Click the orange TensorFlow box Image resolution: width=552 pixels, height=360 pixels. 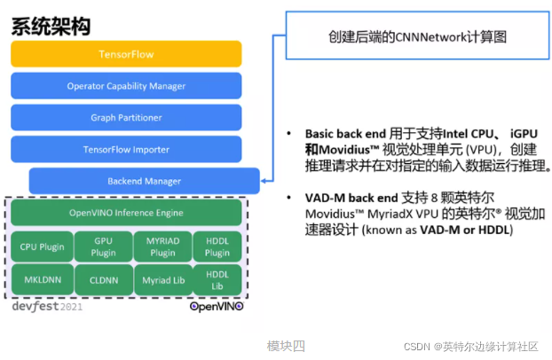click(x=126, y=54)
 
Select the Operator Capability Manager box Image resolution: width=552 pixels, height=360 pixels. click(x=126, y=86)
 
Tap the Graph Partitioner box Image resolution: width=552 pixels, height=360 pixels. click(x=126, y=118)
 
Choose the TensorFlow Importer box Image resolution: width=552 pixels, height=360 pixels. click(x=126, y=149)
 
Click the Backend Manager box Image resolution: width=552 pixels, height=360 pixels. click(x=144, y=181)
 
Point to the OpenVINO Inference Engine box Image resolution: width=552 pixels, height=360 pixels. click(x=126, y=213)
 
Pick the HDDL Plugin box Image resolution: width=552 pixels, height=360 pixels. click(x=217, y=246)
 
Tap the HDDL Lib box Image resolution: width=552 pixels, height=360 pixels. click(x=217, y=280)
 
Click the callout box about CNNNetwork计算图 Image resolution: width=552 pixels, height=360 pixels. click(x=412, y=36)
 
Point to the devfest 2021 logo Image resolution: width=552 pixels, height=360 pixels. click(x=47, y=306)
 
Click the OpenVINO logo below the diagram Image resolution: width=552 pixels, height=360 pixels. click(x=216, y=306)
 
